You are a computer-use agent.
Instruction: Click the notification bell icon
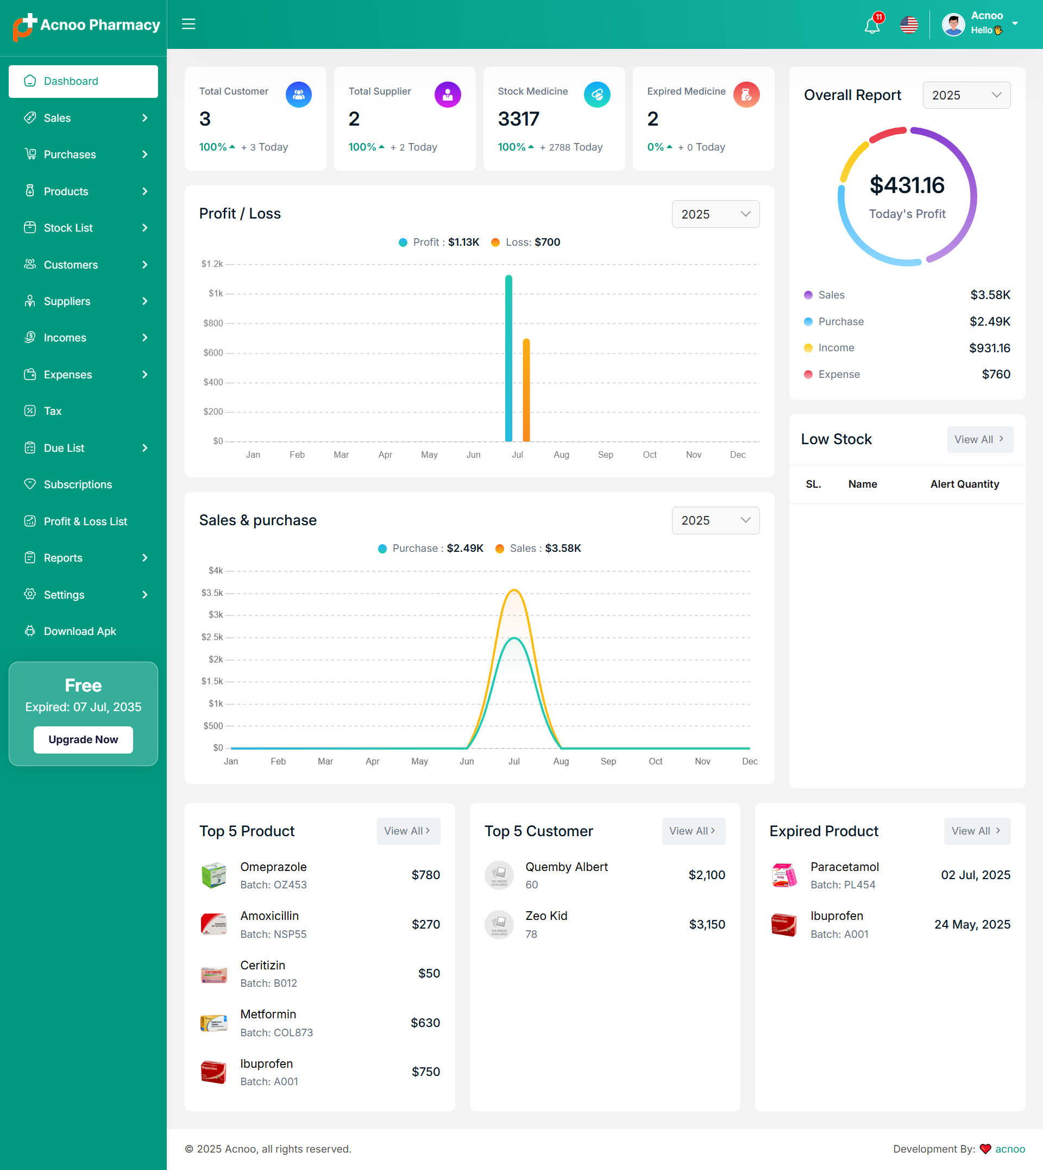click(x=872, y=25)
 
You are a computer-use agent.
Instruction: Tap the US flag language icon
click(x=909, y=25)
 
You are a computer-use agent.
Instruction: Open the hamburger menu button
click(x=189, y=24)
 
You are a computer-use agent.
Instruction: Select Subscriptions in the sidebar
click(x=77, y=484)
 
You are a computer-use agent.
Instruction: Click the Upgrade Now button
click(x=83, y=739)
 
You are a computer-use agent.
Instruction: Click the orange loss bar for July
click(x=526, y=390)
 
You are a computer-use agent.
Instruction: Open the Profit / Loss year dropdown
click(x=715, y=214)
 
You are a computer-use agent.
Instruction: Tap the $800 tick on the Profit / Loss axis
click(x=213, y=323)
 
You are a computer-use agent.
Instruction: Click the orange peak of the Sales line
click(x=514, y=590)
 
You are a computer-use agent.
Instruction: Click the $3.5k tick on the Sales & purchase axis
click(x=212, y=593)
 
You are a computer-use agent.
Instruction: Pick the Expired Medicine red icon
click(x=746, y=95)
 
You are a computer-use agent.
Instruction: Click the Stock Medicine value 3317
click(x=518, y=119)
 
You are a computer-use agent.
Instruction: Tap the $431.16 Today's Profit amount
click(x=907, y=185)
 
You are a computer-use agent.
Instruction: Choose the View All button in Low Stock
click(x=979, y=439)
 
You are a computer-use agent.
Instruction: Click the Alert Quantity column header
click(x=964, y=484)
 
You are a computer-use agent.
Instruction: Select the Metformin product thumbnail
click(x=213, y=1023)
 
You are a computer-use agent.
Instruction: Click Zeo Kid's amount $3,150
click(x=707, y=925)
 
